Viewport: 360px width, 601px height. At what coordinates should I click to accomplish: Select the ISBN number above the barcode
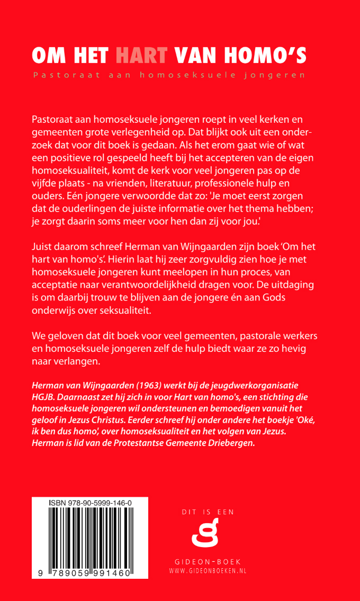(90, 502)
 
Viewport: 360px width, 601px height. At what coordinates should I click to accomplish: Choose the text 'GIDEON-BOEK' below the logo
(208, 561)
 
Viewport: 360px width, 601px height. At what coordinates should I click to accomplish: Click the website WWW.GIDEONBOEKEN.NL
(208, 571)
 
